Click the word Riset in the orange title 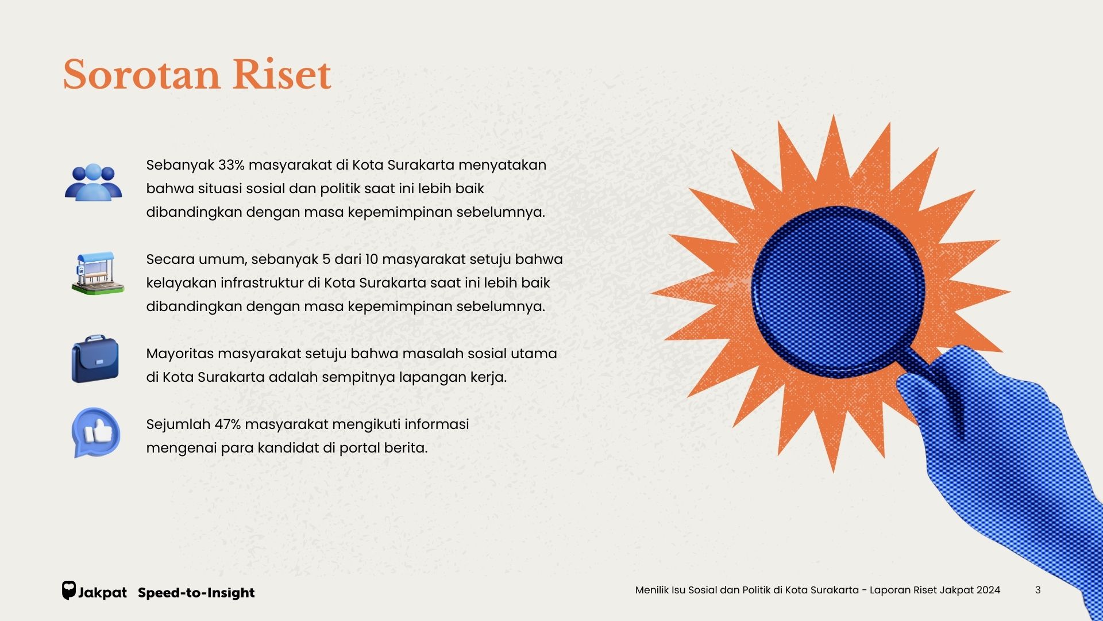tap(281, 75)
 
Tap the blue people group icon tap(93, 182)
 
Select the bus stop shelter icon tap(98, 273)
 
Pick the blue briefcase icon tap(95, 359)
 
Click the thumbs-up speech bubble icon tap(96, 432)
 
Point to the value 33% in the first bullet tap(232, 165)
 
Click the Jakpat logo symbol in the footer tap(69, 591)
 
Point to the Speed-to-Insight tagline tap(196, 593)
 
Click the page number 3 tap(1038, 590)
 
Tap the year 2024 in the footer tap(989, 590)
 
